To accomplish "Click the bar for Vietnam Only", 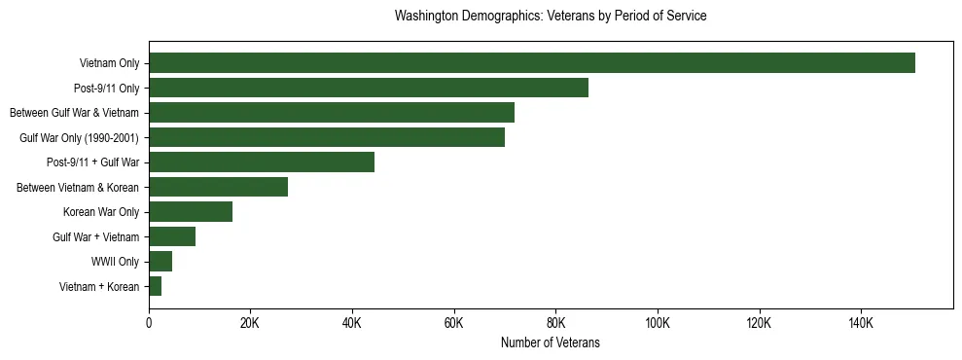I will click(532, 63).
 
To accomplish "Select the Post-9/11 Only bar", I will click(369, 88).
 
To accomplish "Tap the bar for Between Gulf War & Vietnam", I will click(332, 113).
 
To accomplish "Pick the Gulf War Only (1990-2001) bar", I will click(327, 137).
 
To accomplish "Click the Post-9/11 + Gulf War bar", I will click(262, 162).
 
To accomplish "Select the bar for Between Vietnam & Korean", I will click(219, 187).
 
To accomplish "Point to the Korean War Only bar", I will click(191, 212).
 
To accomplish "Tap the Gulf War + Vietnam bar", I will click(172, 236).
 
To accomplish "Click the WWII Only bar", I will click(160, 262).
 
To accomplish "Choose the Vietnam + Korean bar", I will click(156, 286).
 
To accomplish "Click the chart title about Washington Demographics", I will click(551, 17).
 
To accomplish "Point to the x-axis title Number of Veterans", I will click(551, 343).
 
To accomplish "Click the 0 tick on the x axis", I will click(149, 323).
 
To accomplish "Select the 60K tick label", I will click(454, 323).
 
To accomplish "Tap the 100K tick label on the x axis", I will click(658, 323).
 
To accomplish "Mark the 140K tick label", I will click(861, 323).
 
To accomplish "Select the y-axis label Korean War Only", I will click(101, 212).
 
